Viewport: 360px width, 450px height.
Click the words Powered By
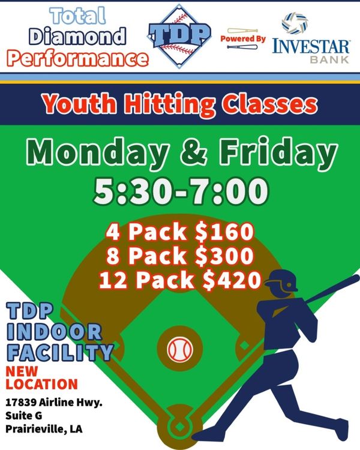point(242,38)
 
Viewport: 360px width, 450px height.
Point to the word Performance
point(77,58)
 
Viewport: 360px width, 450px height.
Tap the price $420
point(232,280)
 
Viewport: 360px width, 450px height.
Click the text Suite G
point(23,416)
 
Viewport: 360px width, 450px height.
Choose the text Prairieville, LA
point(44,429)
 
